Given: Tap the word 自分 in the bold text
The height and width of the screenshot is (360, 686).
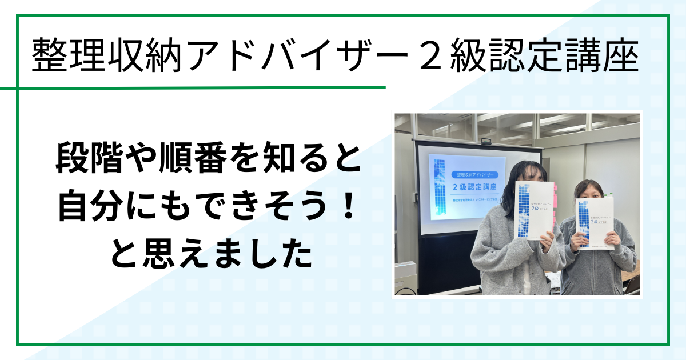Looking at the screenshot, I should pos(86,209).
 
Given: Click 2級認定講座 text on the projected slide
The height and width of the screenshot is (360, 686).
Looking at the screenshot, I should pos(474,186).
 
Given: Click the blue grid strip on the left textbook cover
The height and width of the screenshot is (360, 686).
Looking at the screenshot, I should pos(524,209).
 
